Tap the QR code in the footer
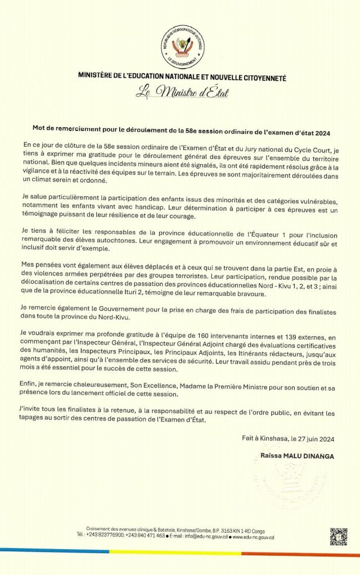pyautogui.click(x=338, y=537)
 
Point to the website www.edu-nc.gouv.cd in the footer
pyautogui.click(x=254, y=537)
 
